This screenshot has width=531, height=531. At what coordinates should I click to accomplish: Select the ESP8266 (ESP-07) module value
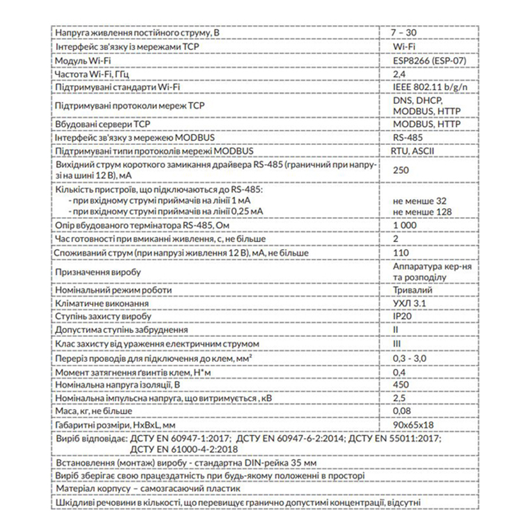coord(427,60)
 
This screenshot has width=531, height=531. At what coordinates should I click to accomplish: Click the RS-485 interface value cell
coord(406,138)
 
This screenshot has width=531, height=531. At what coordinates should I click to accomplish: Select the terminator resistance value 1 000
coord(405,226)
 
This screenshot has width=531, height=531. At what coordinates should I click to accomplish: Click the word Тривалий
coord(412,290)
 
